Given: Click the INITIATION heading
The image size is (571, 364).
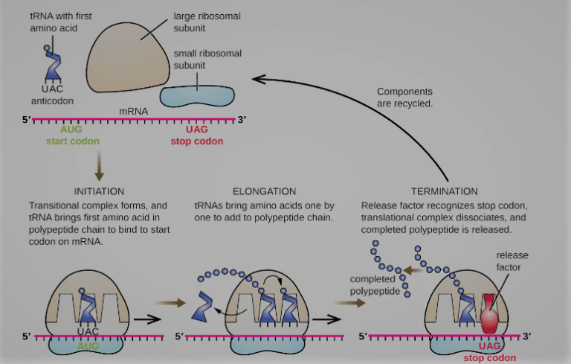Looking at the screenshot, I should coord(99,191).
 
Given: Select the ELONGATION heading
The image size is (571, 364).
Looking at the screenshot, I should coord(265,191).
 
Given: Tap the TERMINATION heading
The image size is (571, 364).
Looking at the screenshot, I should coord(444,191).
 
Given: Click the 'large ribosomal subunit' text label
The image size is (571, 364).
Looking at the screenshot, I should coord(199,21).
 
